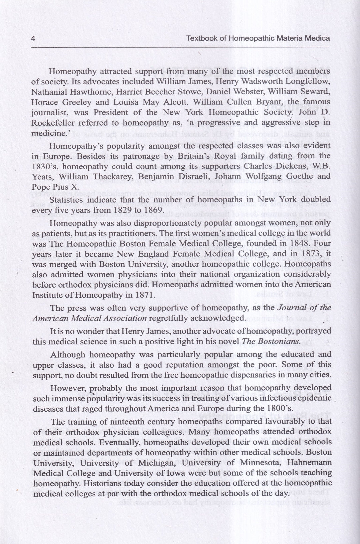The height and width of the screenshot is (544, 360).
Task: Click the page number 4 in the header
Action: click(x=33, y=38)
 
